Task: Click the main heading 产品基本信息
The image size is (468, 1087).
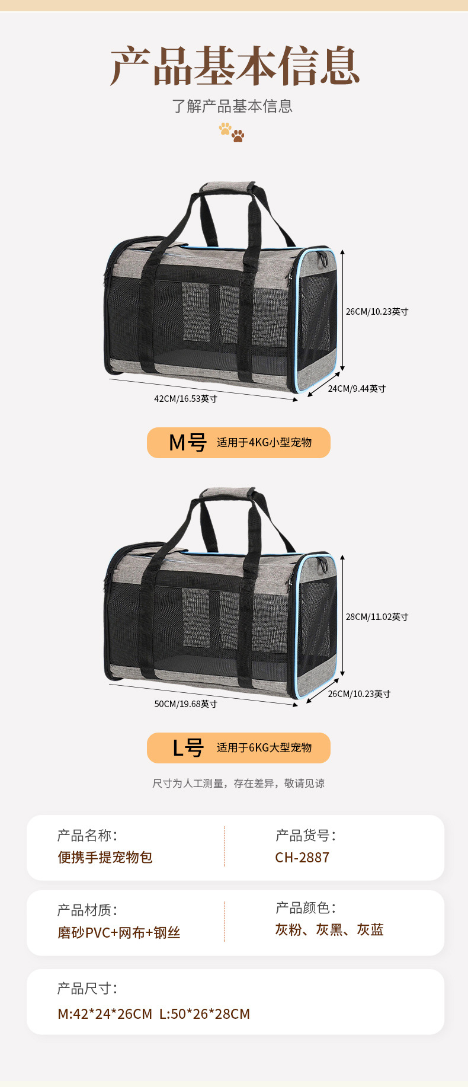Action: tap(235, 66)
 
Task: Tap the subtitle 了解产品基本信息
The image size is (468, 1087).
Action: tap(232, 106)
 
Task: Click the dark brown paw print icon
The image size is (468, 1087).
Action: tap(238, 136)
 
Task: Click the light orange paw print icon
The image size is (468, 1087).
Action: tap(225, 128)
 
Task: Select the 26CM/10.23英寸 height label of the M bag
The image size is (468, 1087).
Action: tap(377, 312)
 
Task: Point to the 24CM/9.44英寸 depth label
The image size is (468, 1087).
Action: tap(357, 389)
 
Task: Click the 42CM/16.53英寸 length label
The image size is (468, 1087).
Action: tap(185, 399)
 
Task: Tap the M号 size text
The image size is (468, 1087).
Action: tap(187, 443)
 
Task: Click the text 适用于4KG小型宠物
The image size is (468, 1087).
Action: tap(264, 443)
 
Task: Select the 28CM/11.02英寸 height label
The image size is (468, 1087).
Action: tap(377, 617)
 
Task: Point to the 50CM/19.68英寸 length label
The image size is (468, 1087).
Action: tap(185, 704)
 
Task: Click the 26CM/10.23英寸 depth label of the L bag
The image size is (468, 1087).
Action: tap(359, 694)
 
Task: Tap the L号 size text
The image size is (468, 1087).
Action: tap(188, 748)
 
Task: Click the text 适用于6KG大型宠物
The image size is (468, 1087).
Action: tap(264, 748)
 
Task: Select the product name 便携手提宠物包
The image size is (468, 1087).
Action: tap(105, 858)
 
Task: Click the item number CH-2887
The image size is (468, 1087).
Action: tap(302, 858)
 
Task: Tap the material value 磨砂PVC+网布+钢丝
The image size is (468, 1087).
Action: tap(118, 933)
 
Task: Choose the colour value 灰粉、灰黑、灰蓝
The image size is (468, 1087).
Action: tap(329, 930)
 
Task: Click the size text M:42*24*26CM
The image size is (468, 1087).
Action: tap(105, 1014)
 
